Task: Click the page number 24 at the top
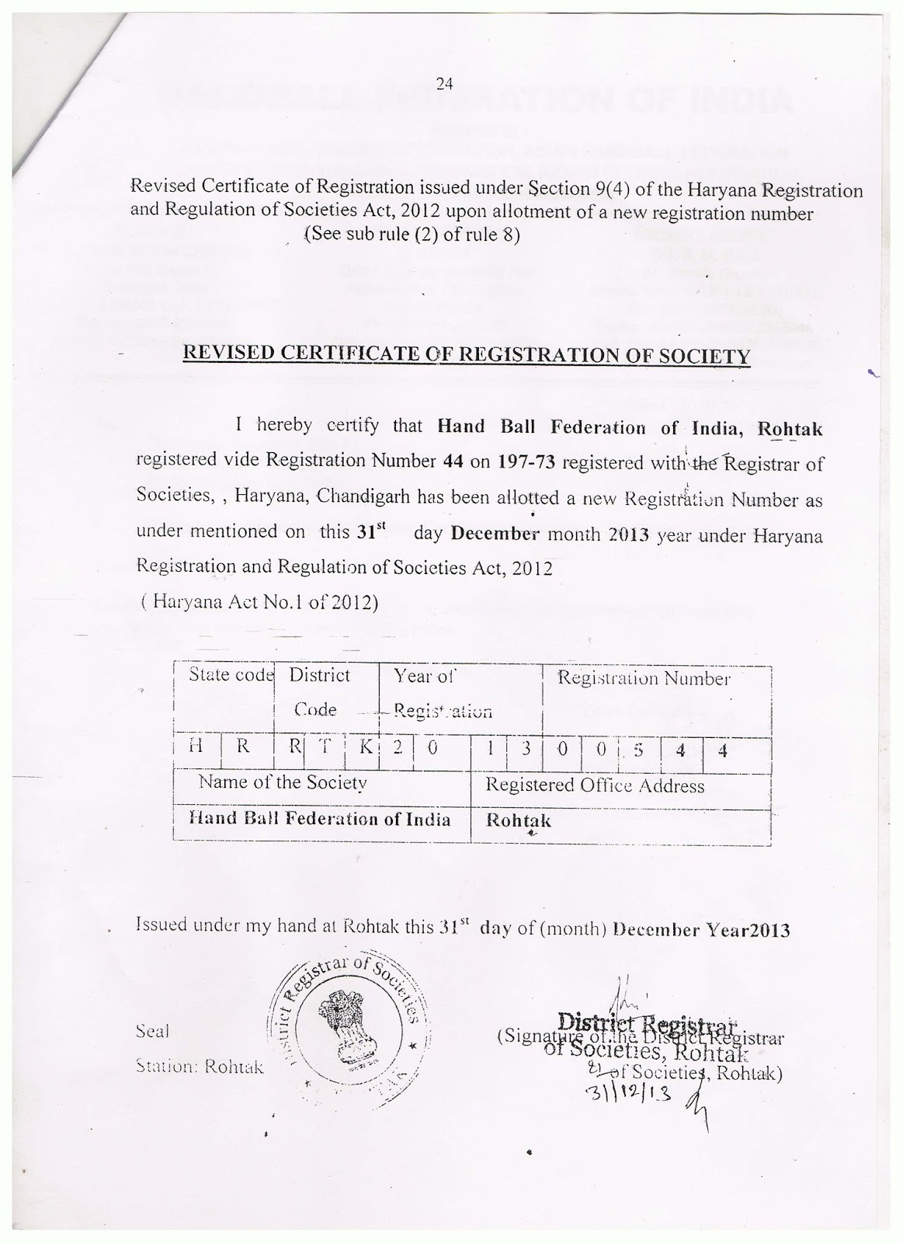point(444,85)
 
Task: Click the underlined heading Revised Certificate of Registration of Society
point(466,356)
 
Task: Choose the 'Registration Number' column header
point(644,678)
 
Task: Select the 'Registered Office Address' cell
point(595,785)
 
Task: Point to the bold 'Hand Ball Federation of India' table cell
point(320,819)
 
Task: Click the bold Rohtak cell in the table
point(518,820)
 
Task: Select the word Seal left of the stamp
point(152,1032)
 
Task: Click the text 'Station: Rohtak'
point(200,1067)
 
